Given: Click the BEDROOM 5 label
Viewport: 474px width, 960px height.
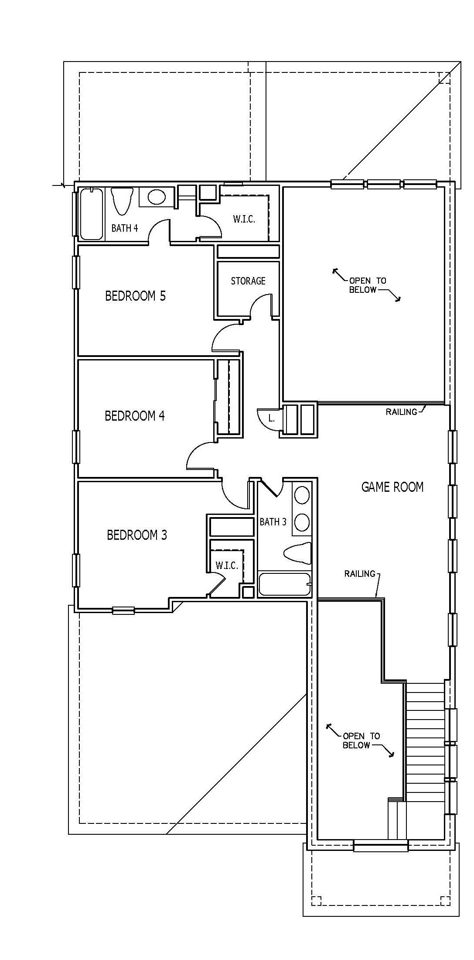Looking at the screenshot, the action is pos(135,296).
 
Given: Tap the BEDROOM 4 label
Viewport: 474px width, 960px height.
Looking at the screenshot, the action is pos(135,415).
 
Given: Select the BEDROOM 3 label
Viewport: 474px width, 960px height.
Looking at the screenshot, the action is pos(137,535).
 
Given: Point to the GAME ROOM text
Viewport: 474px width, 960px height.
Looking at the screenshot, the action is pos(392,487).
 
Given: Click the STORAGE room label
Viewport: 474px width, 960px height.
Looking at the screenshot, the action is pos(248,281).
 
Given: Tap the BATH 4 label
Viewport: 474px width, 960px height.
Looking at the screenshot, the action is pos(125,228).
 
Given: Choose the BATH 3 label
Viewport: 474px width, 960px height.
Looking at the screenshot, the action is pos(273,521).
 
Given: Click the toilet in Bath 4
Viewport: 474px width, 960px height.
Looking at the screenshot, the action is pos(122,201).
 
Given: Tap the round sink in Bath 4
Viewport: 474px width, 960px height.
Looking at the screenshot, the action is pos(157,197).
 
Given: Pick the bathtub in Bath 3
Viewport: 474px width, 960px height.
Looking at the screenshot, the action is pos(285,584).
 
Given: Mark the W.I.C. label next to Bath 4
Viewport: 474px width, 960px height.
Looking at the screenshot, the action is pos(244,219).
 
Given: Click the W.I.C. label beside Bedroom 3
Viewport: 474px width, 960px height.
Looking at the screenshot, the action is pos(227,566).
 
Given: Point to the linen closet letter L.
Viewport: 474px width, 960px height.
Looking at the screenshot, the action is pos(271,418).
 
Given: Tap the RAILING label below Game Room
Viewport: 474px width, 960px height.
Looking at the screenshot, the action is pos(360,573).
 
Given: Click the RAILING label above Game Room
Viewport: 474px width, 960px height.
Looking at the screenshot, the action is pos(401,411).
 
